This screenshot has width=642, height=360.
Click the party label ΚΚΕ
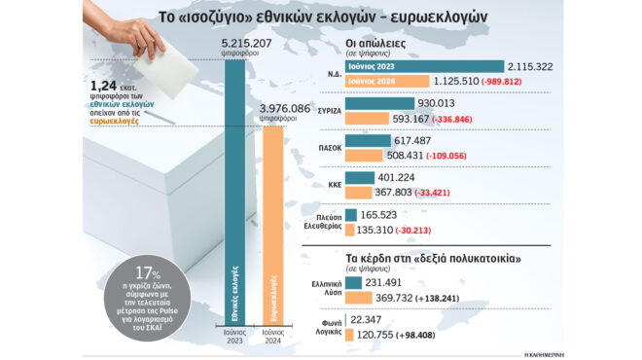coord(331,181)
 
